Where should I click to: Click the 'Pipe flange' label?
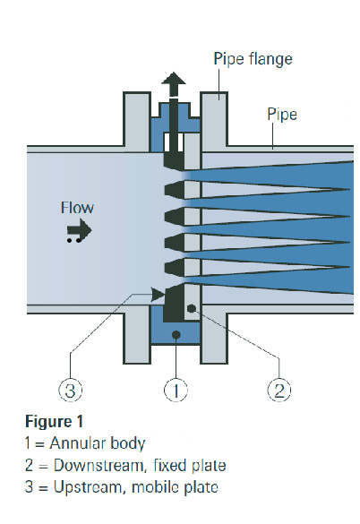pyautogui.click(x=253, y=59)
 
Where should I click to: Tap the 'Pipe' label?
pyautogui.click(x=282, y=115)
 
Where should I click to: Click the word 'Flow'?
pyautogui.click(x=77, y=208)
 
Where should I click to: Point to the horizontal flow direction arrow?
pyautogui.click(x=79, y=230)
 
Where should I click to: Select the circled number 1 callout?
pyautogui.click(x=176, y=390)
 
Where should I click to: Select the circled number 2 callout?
pyautogui.click(x=279, y=390)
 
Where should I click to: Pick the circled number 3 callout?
pyautogui.click(x=71, y=390)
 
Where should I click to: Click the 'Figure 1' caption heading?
pyautogui.click(x=54, y=421)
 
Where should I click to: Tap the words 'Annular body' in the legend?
pyautogui.click(x=98, y=443)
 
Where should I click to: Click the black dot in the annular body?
pyautogui.click(x=176, y=334)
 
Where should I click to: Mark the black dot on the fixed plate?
pyautogui.click(x=192, y=308)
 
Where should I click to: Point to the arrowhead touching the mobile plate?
pyautogui.click(x=158, y=295)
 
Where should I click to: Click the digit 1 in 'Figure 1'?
pyautogui.click(x=80, y=421)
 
